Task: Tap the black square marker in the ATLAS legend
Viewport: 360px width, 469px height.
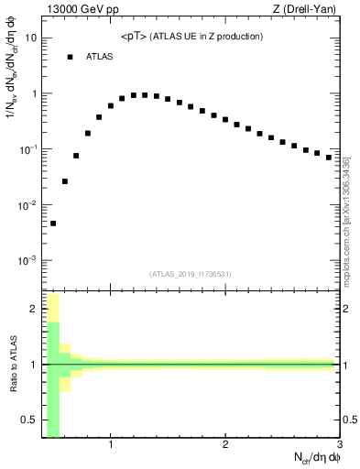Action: [x=70, y=57]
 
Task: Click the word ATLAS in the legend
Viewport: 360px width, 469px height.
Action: [x=99, y=57]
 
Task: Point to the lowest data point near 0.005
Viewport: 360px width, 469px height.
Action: [x=53, y=223]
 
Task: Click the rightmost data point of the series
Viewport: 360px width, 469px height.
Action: [x=329, y=157]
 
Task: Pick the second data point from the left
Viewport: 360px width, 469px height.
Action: [x=65, y=181]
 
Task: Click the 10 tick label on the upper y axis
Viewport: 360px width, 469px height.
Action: [x=31, y=38]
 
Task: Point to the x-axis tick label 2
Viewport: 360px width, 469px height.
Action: [x=225, y=446]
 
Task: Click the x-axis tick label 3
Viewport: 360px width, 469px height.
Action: [x=339, y=446]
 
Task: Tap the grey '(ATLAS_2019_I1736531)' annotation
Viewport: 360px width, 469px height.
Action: [x=191, y=273]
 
